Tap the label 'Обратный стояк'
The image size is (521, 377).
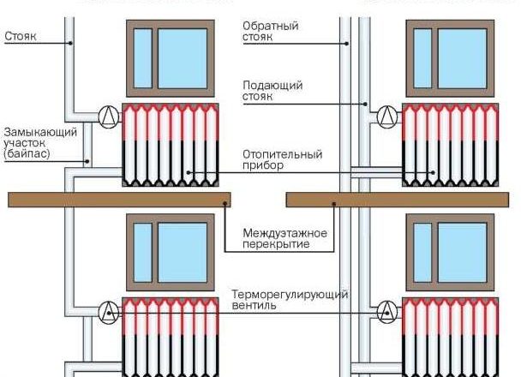tap(270, 32)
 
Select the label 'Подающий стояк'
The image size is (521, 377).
tap(272, 91)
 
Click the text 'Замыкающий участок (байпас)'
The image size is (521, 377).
tap(39, 143)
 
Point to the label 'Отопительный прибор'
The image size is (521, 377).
tap(282, 160)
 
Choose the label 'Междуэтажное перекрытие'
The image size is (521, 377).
tap(278, 238)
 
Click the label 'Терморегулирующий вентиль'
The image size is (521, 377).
tap(290, 300)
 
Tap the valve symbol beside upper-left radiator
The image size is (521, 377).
tap(108, 116)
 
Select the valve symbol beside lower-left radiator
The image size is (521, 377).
tap(108, 310)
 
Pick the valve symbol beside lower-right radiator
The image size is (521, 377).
tap(388, 310)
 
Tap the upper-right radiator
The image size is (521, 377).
tap(449, 144)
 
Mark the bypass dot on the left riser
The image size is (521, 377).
tap(88, 159)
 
